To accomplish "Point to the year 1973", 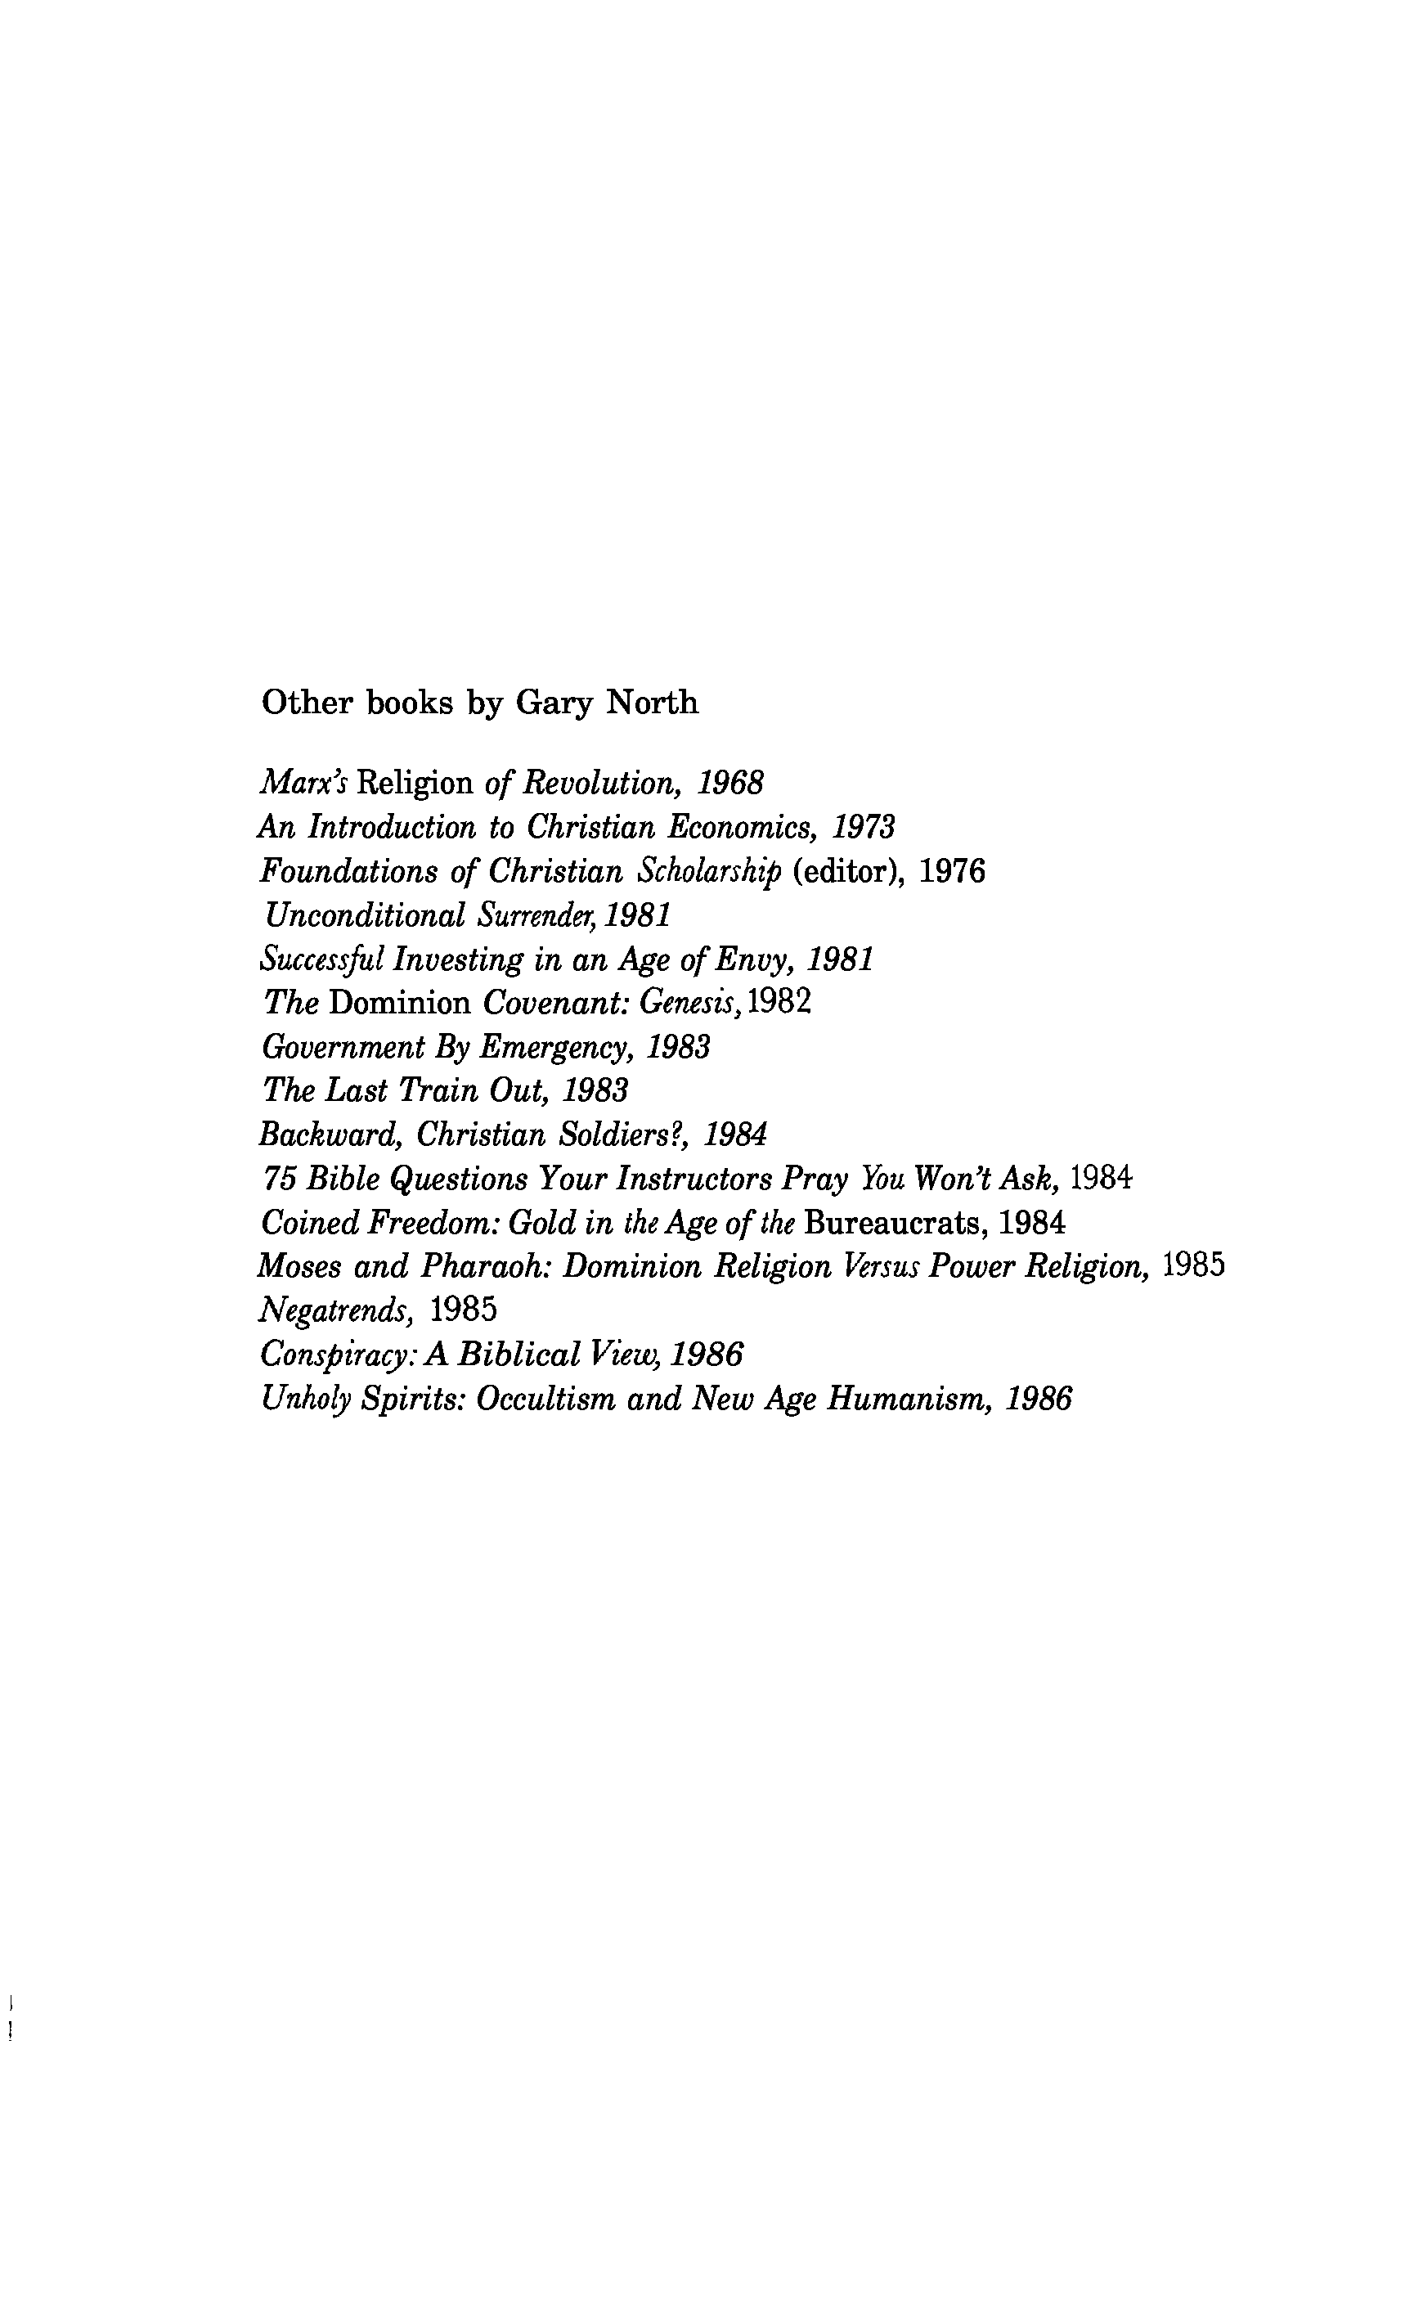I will [x=864, y=828].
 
